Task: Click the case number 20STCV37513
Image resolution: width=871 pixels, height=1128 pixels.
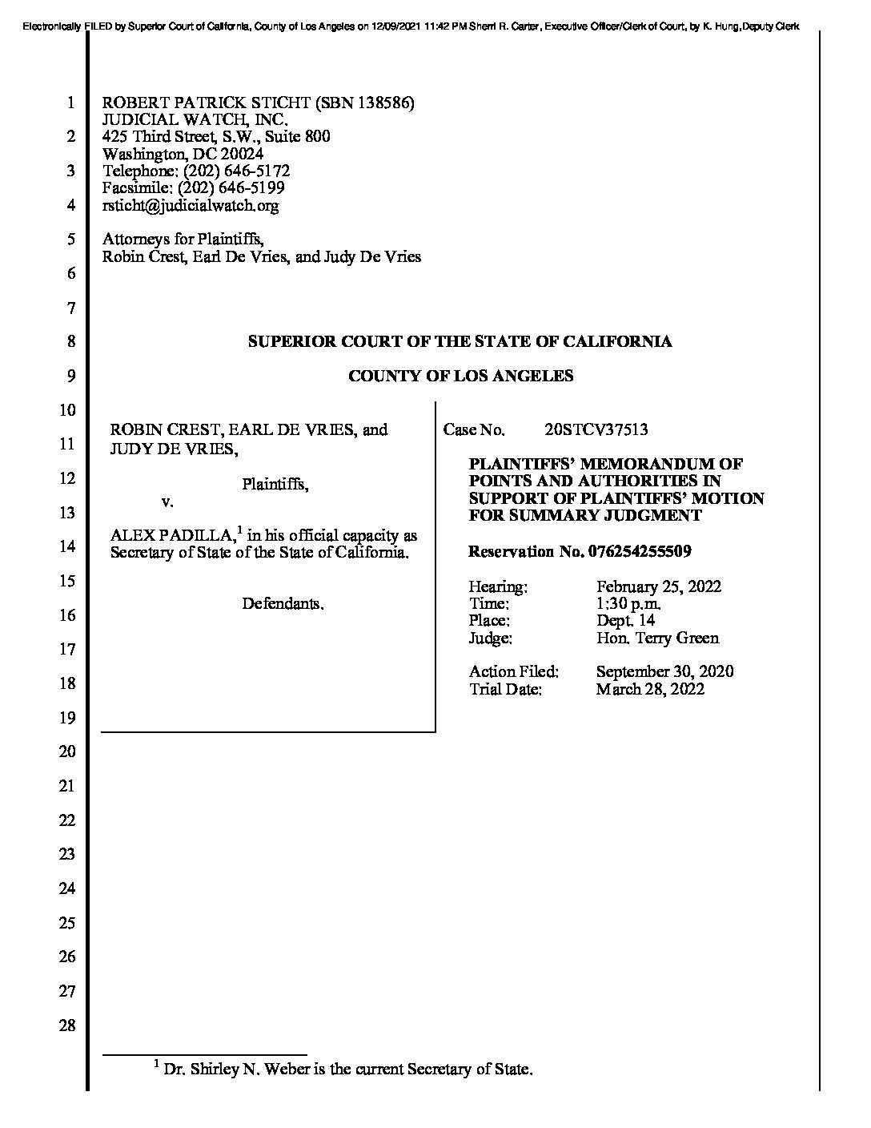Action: (596, 429)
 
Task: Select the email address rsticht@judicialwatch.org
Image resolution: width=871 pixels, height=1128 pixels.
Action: (191, 205)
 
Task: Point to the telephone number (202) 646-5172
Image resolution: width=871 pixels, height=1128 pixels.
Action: (237, 171)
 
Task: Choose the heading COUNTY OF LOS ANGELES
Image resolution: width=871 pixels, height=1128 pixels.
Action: (460, 376)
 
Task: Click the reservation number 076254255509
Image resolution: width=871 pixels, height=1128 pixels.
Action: (640, 552)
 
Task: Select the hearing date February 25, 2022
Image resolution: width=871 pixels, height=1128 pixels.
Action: (658, 586)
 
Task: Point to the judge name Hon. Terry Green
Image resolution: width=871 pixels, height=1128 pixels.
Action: (657, 638)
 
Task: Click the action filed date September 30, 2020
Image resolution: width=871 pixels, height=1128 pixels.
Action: (664, 671)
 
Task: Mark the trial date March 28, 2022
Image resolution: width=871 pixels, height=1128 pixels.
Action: (649, 689)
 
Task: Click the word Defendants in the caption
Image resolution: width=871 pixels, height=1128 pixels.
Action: (283, 603)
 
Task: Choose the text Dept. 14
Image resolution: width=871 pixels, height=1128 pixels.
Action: (625, 621)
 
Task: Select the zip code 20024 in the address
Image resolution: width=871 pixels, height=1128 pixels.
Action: (243, 154)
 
